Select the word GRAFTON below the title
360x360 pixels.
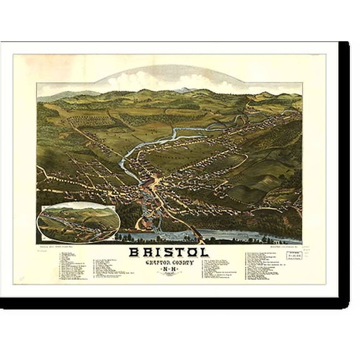(155, 264)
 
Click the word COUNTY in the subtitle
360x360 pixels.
(186, 264)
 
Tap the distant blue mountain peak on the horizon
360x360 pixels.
(182, 90)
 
